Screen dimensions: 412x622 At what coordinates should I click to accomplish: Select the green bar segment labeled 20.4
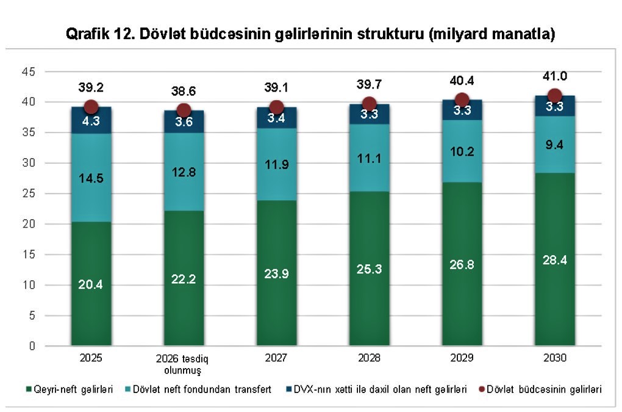tap(91, 283)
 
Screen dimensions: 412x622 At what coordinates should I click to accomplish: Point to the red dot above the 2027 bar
tap(276, 107)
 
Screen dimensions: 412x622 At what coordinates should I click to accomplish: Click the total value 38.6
tap(184, 91)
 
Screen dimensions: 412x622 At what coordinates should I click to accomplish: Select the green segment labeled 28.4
tap(554, 259)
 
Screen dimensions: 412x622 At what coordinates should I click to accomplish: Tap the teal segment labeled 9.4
tap(554, 145)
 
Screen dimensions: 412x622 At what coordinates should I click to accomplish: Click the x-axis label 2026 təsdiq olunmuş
tap(184, 363)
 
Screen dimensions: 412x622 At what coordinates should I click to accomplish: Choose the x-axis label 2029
tap(462, 358)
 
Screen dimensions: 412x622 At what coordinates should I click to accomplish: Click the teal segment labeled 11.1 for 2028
tap(369, 158)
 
